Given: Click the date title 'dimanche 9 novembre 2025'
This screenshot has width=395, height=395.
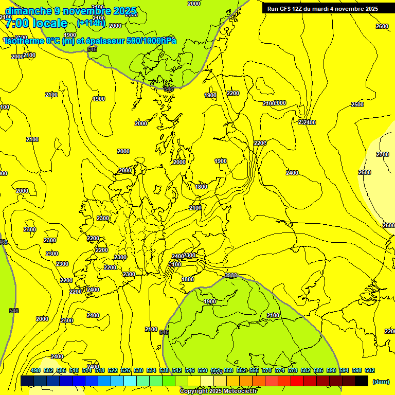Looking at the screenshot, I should tap(70, 11).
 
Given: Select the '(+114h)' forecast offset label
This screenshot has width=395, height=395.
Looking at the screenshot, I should tap(91, 23).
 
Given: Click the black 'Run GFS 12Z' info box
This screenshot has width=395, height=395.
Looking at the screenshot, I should tap(322, 8).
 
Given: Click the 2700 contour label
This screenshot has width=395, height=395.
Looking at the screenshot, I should tap(383, 154).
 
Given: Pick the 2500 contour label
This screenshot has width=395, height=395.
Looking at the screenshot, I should tap(357, 104).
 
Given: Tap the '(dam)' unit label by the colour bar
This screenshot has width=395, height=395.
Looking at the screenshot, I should tap(381, 381).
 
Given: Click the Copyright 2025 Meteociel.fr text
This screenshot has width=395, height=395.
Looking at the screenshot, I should tap(219, 391).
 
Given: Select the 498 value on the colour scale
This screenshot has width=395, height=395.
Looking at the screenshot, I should tap(35, 370).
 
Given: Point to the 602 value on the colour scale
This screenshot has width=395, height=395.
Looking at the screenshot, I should tap(370, 370).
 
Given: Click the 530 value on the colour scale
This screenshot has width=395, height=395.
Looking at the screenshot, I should tap(138, 370).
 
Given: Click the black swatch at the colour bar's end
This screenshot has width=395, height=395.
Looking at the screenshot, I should tap(362, 381).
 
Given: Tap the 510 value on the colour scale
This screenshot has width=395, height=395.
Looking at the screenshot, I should tap(74, 370).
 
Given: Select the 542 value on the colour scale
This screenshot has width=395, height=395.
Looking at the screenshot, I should tap(177, 370).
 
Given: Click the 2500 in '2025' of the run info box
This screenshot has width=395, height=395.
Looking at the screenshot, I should tap(371, 8).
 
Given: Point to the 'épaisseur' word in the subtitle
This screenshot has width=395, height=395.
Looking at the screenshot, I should tap(104, 41).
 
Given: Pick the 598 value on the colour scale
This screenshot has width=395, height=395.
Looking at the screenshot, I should tap(357, 370).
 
